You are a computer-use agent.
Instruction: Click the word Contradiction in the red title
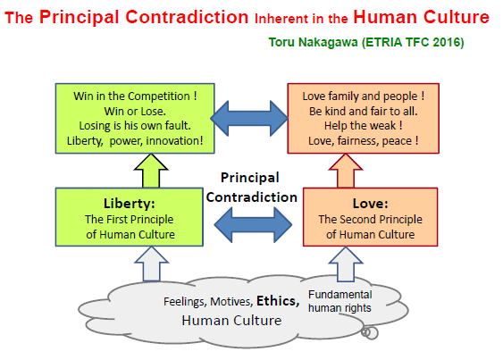tap(187, 17)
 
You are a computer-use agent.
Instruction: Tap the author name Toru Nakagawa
tap(313, 42)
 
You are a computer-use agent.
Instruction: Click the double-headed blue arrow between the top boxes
tap(249, 118)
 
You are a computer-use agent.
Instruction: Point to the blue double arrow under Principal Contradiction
tap(253, 224)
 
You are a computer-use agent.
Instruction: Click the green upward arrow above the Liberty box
tap(151, 171)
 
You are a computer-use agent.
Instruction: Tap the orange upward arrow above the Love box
tap(346, 171)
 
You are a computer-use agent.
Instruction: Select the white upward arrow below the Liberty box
tap(151, 264)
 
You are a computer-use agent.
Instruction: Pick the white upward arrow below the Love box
tap(346, 264)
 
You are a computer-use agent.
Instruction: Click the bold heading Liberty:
tap(130, 204)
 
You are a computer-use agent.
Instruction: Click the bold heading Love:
tap(371, 204)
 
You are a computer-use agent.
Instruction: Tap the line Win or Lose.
tap(135, 111)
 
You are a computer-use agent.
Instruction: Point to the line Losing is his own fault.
tap(135, 125)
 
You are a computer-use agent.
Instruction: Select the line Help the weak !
tap(363, 125)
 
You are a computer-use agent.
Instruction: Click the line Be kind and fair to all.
tap(363, 111)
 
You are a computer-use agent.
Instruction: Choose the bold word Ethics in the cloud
tap(278, 301)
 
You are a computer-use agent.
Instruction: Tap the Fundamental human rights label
tap(340, 301)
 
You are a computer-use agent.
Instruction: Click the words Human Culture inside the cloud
tap(231, 320)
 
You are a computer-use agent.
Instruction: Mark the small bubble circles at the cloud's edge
tap(370, 332)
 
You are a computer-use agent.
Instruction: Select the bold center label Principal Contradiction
tap(252, 188)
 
